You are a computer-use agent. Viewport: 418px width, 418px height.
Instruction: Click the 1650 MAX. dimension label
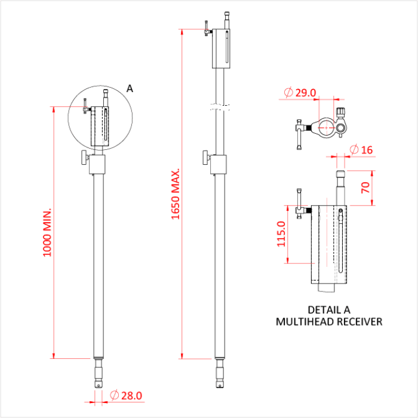(x=176, y=195)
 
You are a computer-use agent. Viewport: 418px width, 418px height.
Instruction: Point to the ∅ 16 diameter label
(x=361, y=149)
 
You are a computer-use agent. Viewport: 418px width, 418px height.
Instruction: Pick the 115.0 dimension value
(x=282, y=233)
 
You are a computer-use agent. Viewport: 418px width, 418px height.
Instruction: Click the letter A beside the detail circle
(x=130, y=88)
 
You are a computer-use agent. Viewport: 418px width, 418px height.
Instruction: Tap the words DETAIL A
(x=328, y=310)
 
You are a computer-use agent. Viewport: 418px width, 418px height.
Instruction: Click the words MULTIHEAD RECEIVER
(x=328, y=322)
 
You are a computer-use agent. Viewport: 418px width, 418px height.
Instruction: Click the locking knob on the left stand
(x=83, y=159)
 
